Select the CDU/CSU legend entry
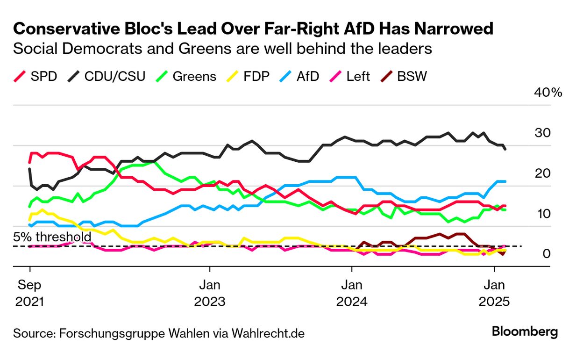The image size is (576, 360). tap(107, 76)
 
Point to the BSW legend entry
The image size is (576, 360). tap(405, 76)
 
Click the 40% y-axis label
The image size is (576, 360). tap(548, 92)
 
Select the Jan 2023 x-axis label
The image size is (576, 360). tap(210, 293)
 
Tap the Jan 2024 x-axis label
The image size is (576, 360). tap(352, 293)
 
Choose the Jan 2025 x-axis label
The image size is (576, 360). tap(494, 293)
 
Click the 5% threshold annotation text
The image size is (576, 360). tap(52, 237)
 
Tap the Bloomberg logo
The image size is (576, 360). tap(525, 332)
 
